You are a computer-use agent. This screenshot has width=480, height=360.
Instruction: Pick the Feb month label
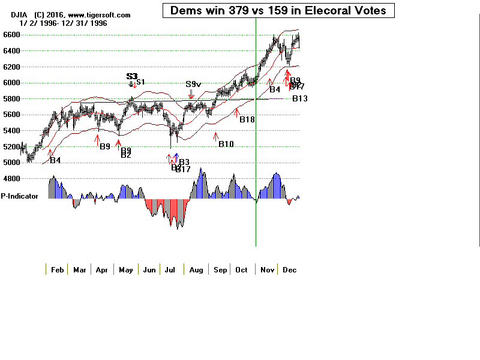[57, 270]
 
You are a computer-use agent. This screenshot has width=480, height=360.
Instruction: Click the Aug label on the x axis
[196, 270]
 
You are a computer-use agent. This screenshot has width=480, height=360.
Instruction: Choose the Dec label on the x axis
[289, 270]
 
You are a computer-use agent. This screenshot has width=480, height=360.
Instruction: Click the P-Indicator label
[19, 196]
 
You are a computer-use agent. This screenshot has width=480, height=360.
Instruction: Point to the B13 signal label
[300, 99]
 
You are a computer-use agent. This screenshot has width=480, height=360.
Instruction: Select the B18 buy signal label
[247, 120]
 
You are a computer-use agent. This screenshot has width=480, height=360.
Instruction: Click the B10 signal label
[226, 144]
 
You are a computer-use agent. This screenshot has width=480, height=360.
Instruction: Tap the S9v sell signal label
[193, 85]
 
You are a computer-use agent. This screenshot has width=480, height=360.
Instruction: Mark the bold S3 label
[132, 77]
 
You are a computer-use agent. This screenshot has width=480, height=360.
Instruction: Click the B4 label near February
[55, 160]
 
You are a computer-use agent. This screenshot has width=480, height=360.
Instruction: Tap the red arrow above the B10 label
[215, 136]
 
